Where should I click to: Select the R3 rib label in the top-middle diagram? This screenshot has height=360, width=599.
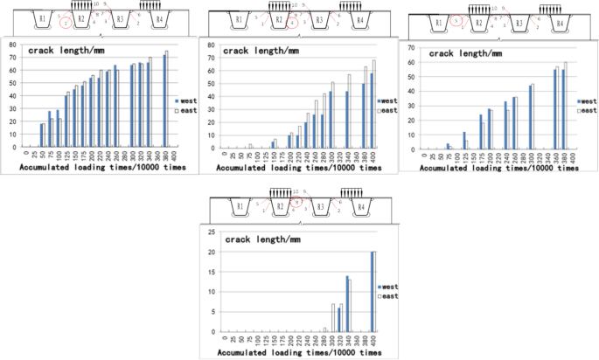point(319,17)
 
